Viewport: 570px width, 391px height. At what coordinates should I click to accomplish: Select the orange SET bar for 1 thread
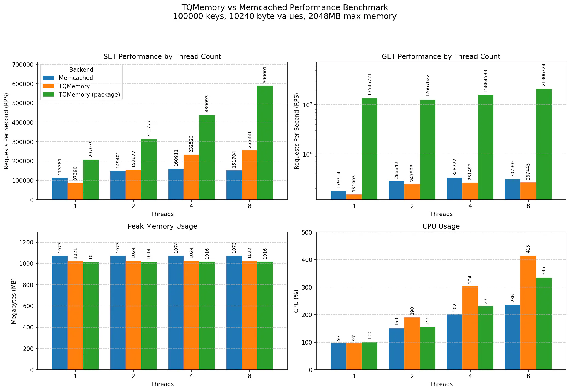(75, 191)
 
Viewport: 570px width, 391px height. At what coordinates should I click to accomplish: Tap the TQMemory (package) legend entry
(89, 95)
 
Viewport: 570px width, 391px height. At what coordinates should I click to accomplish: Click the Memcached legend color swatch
(48, 78)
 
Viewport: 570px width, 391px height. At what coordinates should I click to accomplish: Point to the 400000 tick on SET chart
(23, 122)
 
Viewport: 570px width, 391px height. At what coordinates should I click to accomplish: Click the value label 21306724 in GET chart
(543, 75)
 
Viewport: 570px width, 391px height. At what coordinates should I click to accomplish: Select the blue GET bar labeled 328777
(455, 188)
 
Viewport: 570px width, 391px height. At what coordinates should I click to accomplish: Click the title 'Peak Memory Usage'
(162, 226)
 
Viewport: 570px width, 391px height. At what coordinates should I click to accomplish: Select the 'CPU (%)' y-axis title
(296, 301)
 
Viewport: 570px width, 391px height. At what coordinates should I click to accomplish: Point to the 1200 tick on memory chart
(27, 242)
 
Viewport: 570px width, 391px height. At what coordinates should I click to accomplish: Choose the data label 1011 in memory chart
(91, 254)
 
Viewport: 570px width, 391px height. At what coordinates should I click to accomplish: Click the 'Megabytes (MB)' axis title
(14, 301)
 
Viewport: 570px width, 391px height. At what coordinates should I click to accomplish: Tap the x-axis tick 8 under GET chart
(528, 206)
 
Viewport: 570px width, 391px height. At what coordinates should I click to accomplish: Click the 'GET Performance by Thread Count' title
(441, 57)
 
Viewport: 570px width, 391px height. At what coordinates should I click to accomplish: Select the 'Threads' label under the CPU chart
(441, 384)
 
